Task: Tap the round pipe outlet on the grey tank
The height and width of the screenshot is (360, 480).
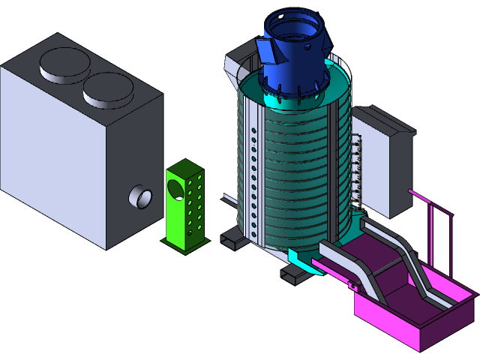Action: pyautogui.click(x=140, y=197)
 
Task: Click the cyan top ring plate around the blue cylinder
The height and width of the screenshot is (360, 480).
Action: pyautogui.click(x=255, y=97)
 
